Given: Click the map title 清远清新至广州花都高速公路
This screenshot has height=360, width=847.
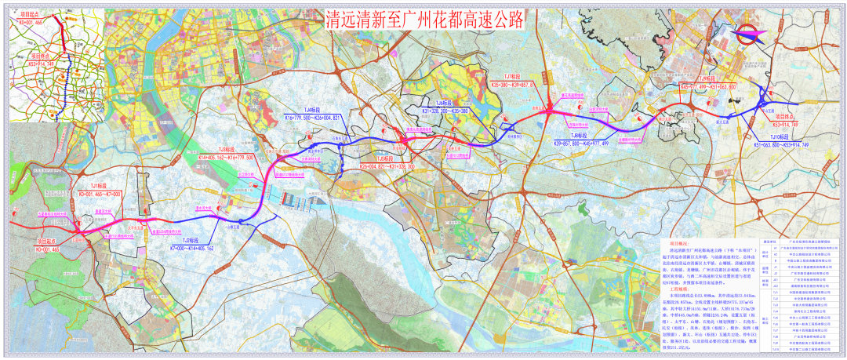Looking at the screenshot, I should [x=423, y=19].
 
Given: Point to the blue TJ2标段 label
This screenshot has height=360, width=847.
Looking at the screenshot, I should [x=188, y=241].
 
